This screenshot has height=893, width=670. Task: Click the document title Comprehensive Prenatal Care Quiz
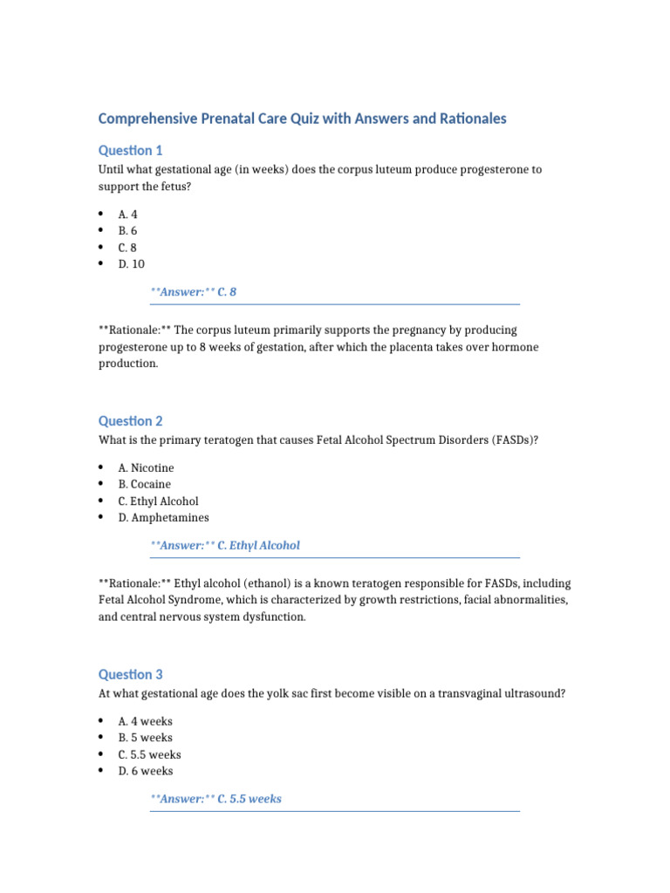tap(302, 119)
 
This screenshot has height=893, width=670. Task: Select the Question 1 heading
tap(130, 150)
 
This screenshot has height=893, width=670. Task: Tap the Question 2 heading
tap(130, 420)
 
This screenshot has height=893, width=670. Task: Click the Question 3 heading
tap(130, 674)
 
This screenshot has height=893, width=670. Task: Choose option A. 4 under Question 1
tap(127, 215)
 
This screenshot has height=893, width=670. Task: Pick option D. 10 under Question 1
tap(131, 264)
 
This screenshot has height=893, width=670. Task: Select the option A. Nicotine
tap(146, 467)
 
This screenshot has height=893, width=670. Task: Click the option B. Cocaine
tap(145, 484)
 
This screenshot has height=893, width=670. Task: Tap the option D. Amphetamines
tap(163, 517)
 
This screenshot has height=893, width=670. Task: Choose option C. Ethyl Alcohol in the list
tap(158, 501)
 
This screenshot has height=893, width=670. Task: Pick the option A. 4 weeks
tap(145, 721)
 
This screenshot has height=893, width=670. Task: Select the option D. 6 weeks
tap(145, 771)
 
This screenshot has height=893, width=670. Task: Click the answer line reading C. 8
tap(193, 292)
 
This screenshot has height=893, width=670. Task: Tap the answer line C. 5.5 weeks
tap(215, 798)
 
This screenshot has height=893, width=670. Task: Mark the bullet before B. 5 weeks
tap(101, 738)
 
